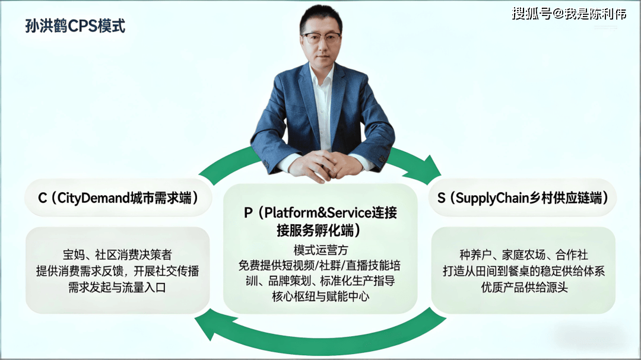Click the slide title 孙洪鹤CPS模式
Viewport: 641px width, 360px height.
(x=75, y=26)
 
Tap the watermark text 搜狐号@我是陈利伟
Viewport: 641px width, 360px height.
(x=569, y=14)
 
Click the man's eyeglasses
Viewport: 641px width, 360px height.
(x=321, y=37)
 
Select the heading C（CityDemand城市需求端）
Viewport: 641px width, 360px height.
(x=118, y=198)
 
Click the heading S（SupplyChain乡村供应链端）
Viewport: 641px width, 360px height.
(x=523, y=198)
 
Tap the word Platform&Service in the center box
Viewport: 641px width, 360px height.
(x=318, y=213)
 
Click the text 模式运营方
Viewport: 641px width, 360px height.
(x=320, y=250)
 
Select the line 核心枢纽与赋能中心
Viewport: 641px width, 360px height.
(x=320, y=297)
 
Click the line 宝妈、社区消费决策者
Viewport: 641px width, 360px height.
(x=118, y=255)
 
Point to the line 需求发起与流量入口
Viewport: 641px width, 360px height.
(x=118, y=288)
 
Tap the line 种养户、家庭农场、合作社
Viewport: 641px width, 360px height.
(x=523, y=255)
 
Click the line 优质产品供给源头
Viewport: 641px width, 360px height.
(x=524, y=288)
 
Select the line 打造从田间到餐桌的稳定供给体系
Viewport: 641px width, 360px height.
(x=523, y=271)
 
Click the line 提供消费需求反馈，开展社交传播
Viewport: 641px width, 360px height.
(x=118, y=271)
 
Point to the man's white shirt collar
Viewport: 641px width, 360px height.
(x=321, y=74)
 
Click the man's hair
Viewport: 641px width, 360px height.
(x=321, y=17)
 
